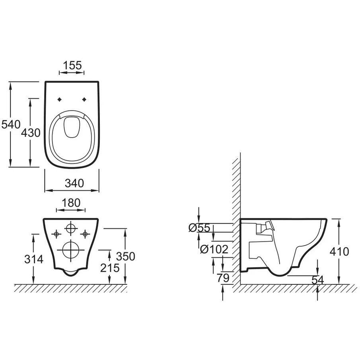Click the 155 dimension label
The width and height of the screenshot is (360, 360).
(x=72, y=65)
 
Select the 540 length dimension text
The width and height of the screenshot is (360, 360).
(x=11, y=125)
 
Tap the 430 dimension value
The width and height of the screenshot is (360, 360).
(x=31, y=133)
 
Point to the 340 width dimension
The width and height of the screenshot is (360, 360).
(x=74, y=183)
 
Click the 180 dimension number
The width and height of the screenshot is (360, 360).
(x=71, y=203)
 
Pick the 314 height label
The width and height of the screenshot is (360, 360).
(x=34, y=259)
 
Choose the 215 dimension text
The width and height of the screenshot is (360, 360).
(x=110, y=268)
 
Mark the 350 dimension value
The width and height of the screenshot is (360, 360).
(x=125, y=257)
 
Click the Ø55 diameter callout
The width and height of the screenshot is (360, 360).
(x=199, y=228)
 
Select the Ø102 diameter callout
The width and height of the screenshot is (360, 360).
(x=214, y=249)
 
